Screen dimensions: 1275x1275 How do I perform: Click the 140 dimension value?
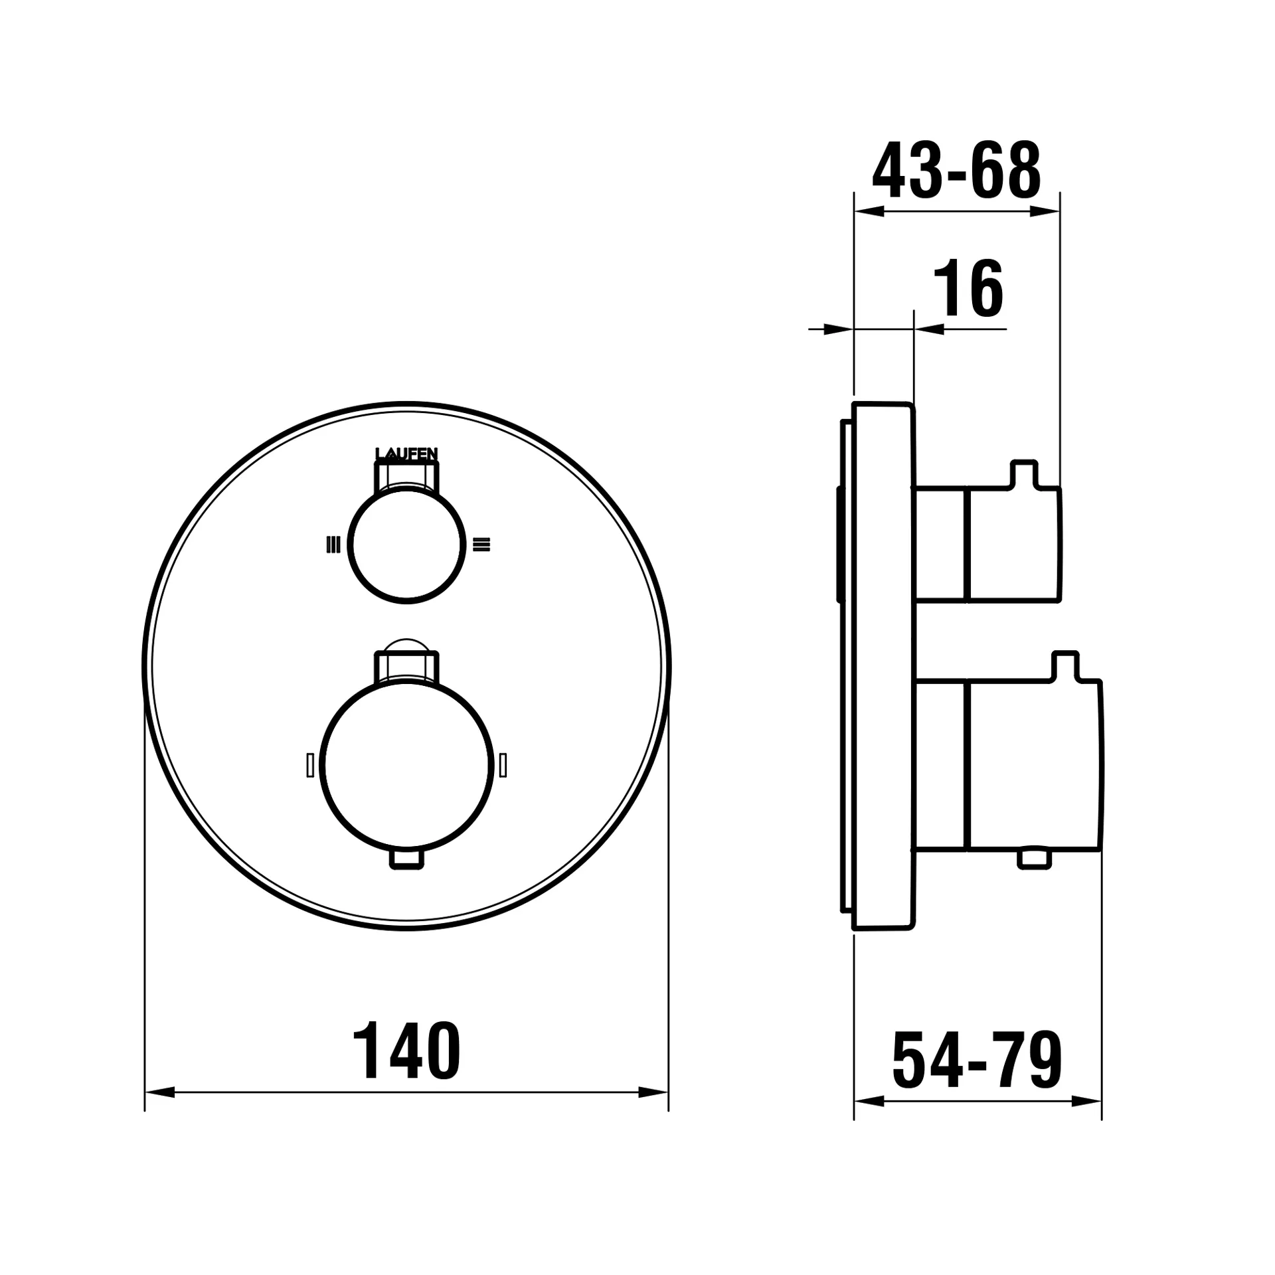click(406, 1052)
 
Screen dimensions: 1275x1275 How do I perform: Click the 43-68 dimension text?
click(956, 170)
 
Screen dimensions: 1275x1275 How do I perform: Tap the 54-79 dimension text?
click(977, 1061)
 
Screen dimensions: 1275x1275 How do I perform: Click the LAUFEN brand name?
click(406, 454)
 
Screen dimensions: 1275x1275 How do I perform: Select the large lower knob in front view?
click(406, 765)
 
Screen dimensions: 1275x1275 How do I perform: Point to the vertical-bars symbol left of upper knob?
click(333, 545)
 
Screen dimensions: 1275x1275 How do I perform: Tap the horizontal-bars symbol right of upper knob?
click(481, 545)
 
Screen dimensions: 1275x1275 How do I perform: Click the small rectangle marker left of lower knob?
click(310, 765)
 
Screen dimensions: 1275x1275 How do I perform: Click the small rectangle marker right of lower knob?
click(503, 765)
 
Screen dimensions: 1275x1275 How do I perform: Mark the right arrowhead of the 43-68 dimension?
click(1045, 212)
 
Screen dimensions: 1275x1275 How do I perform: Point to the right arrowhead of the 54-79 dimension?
click(1086, 1102)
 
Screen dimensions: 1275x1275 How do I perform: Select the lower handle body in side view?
click(1033, 765)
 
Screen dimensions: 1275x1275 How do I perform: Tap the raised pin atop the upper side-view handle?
click(1023, 473)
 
